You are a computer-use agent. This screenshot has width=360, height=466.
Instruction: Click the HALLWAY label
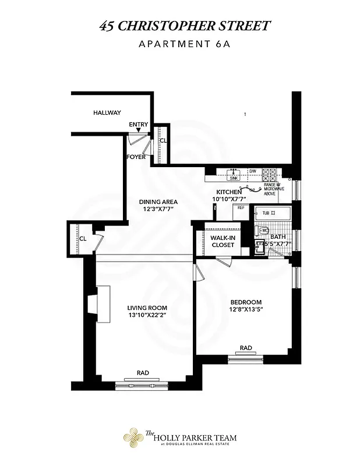[x=107, y=113]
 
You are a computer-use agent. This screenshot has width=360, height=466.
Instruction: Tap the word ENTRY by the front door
[x=139, y=125]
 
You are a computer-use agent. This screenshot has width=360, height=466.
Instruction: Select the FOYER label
[x=136, y=157]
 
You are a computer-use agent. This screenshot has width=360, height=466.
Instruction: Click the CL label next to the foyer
[x=163, y=140]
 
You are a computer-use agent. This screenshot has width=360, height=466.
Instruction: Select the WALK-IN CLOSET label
[x=223, y=242]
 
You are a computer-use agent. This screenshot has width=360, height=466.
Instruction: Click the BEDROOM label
[x=246, y=302]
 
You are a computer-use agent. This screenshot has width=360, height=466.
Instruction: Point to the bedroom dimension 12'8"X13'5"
[x=246, y=310]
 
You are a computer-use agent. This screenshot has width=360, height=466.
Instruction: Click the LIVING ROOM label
[x=147, y=308]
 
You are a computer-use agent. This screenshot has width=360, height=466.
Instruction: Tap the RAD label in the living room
[x=143, y=373]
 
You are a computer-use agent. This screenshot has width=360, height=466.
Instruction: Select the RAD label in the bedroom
[x=246, y=348]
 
